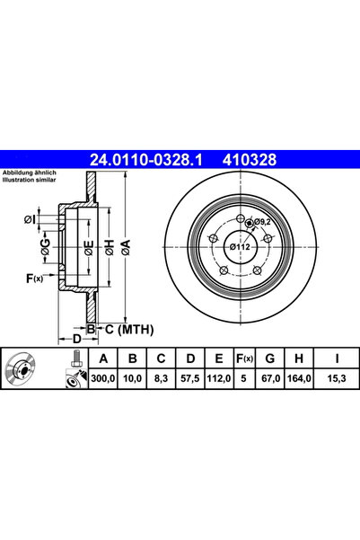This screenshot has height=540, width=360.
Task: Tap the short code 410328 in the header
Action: click(244, 160)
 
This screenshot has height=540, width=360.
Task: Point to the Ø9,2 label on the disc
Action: click(262, 221)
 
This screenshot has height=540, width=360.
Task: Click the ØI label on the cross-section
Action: click(31, 218)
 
